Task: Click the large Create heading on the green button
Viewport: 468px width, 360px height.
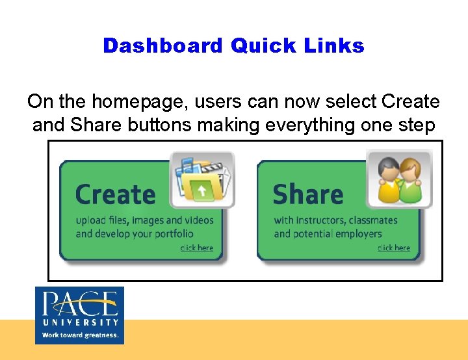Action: (x=116, y=194)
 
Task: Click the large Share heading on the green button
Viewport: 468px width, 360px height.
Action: (x=307, y=194)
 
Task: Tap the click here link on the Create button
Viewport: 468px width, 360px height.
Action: (x=196, y=248)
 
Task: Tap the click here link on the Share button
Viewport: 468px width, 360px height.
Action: (x=394, y=248)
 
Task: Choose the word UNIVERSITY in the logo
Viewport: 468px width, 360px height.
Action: (x=79, y=322)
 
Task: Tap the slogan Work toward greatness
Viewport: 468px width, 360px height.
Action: (x=80, y=335)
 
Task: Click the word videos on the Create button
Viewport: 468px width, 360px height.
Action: (x=199, y=220)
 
